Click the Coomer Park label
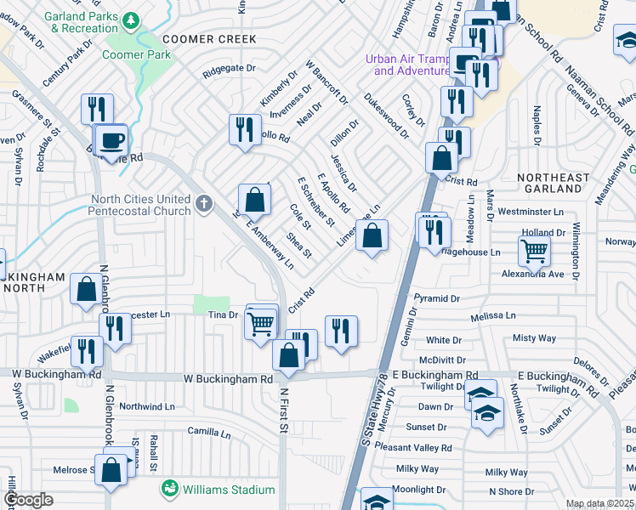137,54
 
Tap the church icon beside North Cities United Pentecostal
202,204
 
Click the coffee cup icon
111,139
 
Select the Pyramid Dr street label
436,299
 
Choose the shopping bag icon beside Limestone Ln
372,235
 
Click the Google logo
28,501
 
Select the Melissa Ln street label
493,315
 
